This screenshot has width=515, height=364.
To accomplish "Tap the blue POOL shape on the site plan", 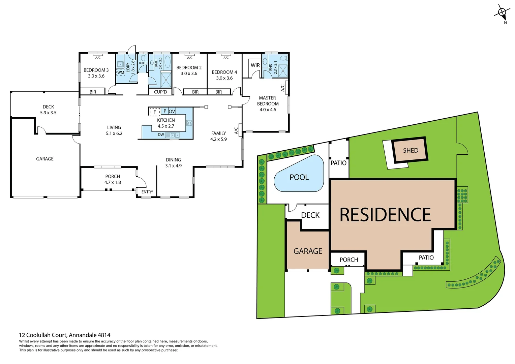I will point(299,177).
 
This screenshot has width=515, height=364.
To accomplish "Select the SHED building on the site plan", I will point(411,150).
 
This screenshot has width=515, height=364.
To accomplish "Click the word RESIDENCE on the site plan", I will point(385,215).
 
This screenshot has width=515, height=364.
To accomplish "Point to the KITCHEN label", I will point(166,120).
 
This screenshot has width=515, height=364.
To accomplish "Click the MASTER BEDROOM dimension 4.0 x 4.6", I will point(268,110).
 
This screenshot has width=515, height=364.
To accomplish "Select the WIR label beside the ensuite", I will point(255,65).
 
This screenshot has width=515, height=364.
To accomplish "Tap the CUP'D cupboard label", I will point(160,92).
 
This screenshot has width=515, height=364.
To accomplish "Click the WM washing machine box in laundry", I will point(121,72).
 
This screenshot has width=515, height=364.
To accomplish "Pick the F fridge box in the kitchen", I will point(155,112).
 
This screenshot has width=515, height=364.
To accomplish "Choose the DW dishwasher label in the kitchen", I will point(161,135).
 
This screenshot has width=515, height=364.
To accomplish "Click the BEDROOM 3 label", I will point(96,70).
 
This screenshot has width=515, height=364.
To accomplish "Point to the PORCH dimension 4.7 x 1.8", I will point(113,182).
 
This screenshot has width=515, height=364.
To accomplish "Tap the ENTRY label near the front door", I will point(147,192).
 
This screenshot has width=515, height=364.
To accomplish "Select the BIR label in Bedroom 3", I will point(93,92).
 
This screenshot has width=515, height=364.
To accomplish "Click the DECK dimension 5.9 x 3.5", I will point(48,113).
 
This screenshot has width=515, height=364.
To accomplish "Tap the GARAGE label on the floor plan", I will point(45,159).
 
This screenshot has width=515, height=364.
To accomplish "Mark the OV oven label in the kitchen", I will point(172,111).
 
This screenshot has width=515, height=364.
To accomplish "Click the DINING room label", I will point(173,160).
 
